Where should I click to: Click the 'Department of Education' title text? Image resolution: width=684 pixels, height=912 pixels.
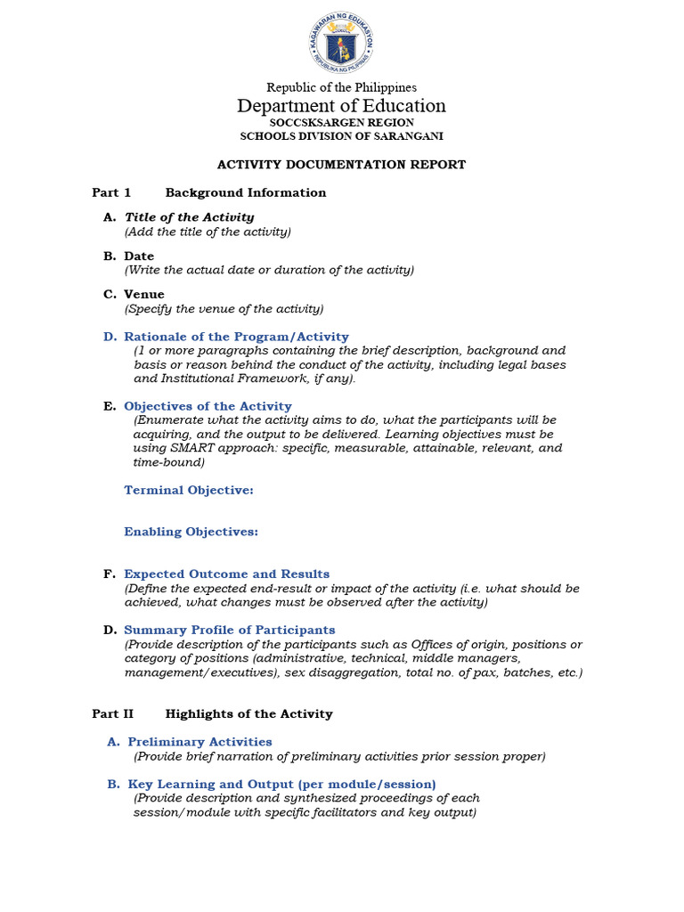click(x=342, y=106)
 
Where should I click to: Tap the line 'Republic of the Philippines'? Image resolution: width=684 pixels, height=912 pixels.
click(x=342, y=87)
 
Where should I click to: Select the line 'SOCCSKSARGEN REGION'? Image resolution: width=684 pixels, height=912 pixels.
click(x=342, y=123)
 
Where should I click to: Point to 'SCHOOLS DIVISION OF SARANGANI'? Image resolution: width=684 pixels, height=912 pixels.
click(x=342, y=136)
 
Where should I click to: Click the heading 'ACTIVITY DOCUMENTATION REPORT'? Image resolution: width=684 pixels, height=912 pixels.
click(x=342, y=165)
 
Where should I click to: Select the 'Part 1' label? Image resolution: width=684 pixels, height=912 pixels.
click(x=111, y=192)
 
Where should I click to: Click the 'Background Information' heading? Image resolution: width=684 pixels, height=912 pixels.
click(x=246, y=192)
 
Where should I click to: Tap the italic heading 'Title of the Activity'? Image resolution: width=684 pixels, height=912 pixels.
click(x=189, y=217)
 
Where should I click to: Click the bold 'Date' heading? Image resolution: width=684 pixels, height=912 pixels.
click(x=139, y=256)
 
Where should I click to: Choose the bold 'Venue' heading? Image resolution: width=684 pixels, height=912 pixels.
click(x=144, y=295)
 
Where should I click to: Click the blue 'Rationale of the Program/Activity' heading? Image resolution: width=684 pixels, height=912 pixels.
click(x=236, y=337)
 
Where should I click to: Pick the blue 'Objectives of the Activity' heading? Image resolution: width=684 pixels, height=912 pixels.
click(x=208, y=406)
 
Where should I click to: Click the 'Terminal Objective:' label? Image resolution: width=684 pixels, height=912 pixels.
click(x=189, y=490)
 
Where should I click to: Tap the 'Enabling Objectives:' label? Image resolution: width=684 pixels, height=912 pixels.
click(x=191, y=532)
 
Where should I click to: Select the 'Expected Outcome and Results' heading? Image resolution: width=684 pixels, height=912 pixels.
click(x=226, y=574)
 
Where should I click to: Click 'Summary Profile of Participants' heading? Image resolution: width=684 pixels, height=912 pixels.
click(x=229, y=630)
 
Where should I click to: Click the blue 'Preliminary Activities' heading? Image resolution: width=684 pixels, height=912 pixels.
click(x=199, y=742)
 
